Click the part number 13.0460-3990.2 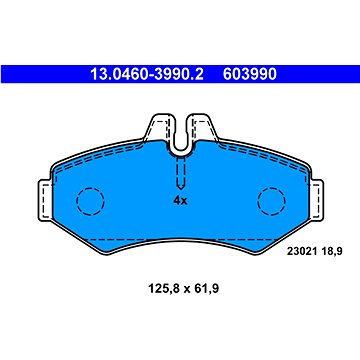click(x=147, y=74)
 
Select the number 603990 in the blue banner click(x=250, y=74)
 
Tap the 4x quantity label click(x=180, y=201)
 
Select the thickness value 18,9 click(x=332, y=251)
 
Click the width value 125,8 click(x=162, y=289)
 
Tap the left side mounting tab click(x=45, y=200)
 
